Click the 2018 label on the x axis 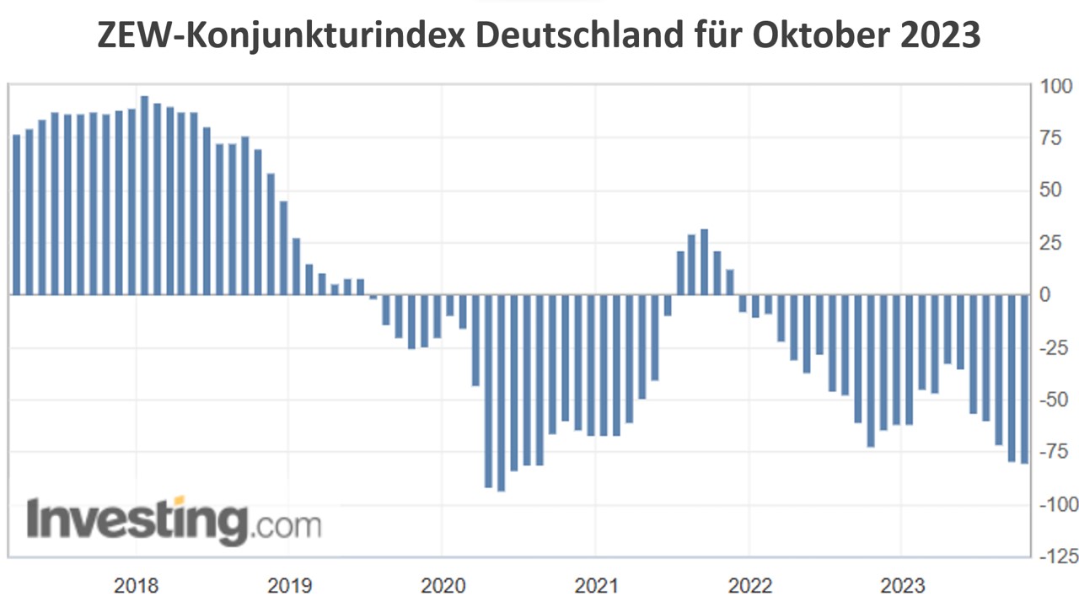tap(135, 585)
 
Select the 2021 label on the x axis tap(595, 585)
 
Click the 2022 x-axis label tap(749, 585)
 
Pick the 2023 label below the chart tap(901, 585)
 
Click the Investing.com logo tap(174, 522)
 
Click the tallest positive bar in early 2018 tap(144, 196)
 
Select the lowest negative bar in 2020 tap(501, 393)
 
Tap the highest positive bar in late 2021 tap(704, 262)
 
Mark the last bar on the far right tap(1024, 379)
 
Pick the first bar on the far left tap(16, 215)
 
